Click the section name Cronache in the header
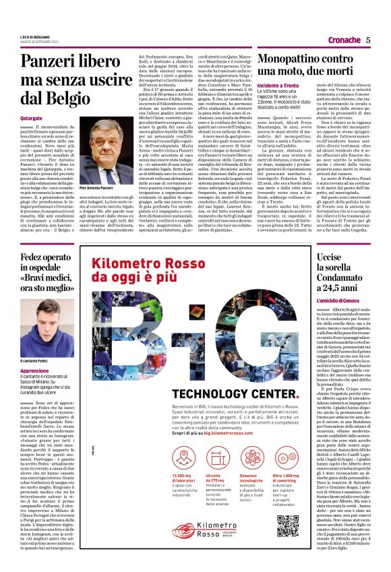(344, 40)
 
